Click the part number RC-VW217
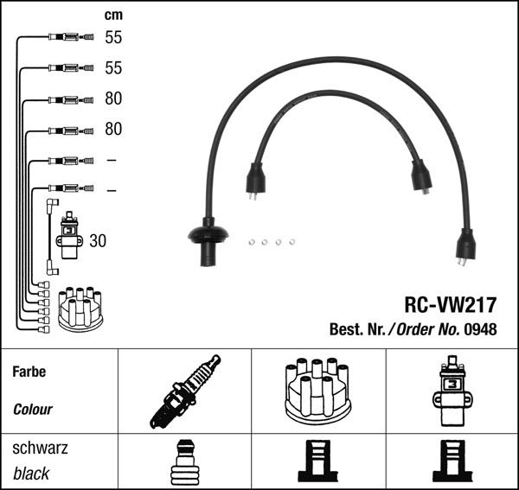[451, 305]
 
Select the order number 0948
[481, 328]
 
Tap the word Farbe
[29, 372]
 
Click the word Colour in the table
[33, 410]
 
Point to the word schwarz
[40, 449]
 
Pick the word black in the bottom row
[32, 474]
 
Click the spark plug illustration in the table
[185, 391]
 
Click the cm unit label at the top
[113, 16]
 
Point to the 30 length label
[98, 241]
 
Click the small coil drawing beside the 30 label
[68, 236]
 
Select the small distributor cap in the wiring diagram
[80, 307]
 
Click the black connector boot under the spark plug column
[184, 464]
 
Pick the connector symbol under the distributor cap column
[317, 464]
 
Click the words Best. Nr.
[358, 328]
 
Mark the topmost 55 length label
[113, 37]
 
